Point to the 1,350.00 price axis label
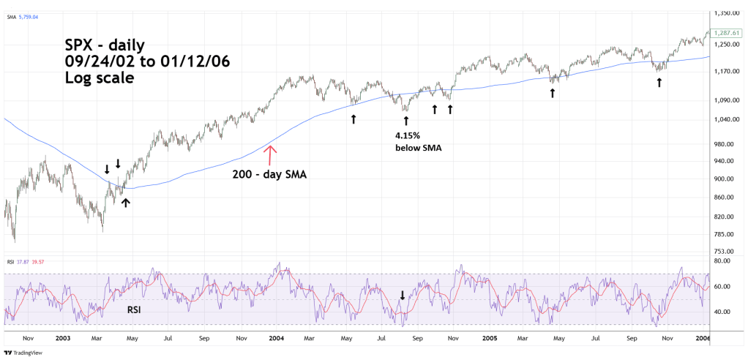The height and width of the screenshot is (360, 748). point(726,12)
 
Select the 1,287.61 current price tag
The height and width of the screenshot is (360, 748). point(726,34)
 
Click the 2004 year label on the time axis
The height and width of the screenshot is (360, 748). point(276,339)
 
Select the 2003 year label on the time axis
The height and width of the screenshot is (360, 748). point(62,339)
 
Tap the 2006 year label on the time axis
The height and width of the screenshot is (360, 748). point(702,339)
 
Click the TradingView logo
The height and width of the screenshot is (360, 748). point(23,353)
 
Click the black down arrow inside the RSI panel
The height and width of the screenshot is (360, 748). point(402,295)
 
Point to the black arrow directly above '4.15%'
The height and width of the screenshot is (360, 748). point(405,119)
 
